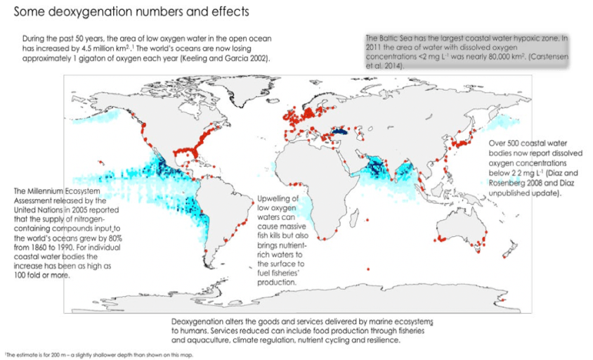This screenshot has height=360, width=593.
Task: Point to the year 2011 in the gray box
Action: [372, 47]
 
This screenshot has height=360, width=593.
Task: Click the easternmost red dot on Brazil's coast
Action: [252, 204]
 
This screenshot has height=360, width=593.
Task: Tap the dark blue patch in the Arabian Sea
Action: [375, 167]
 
